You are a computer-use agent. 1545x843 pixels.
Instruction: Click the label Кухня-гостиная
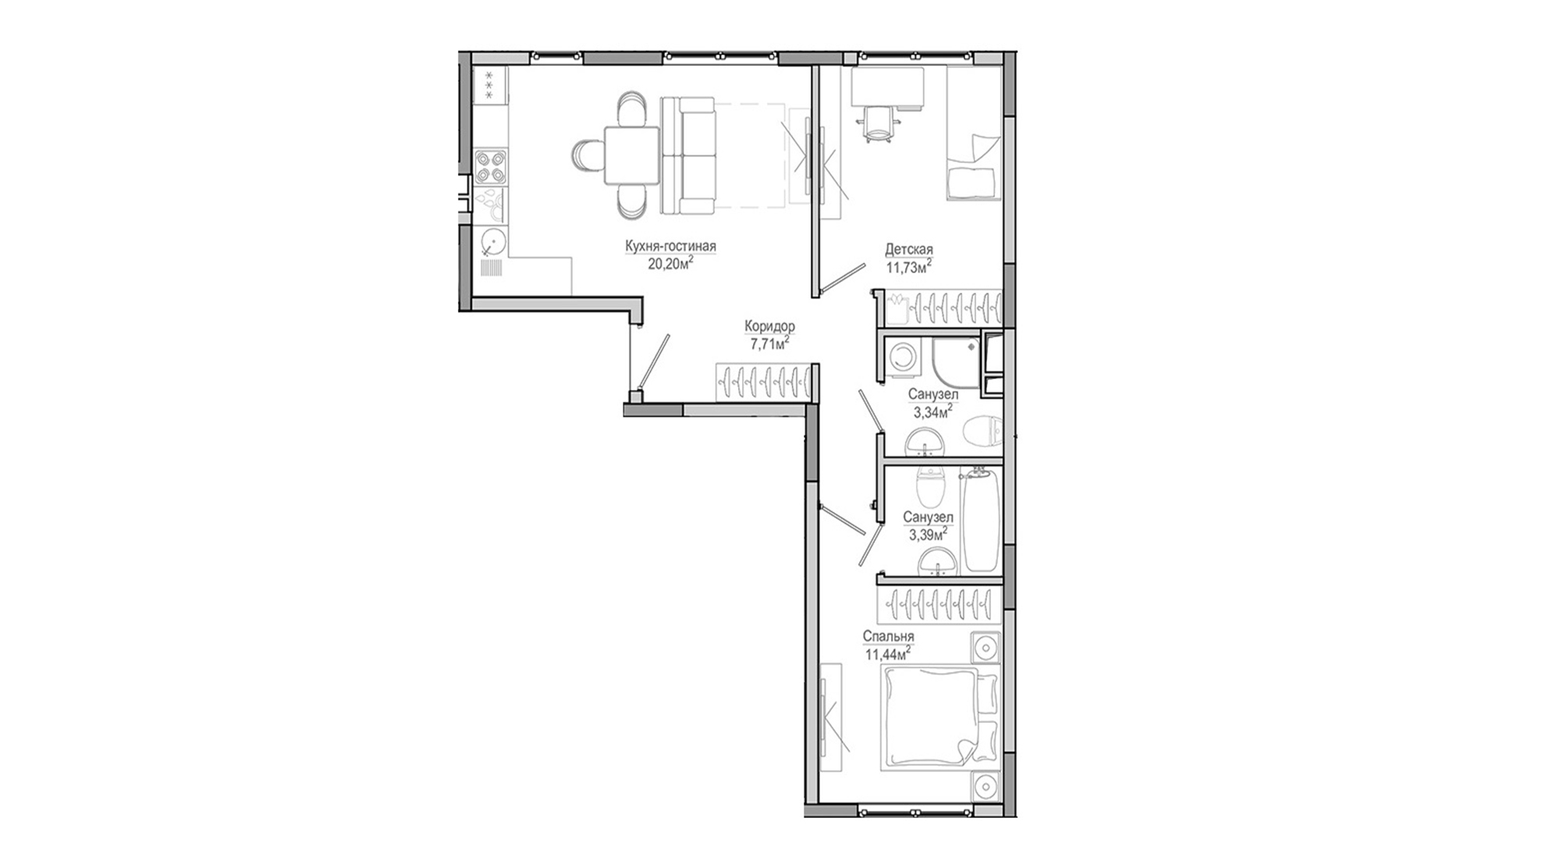coord(670,247)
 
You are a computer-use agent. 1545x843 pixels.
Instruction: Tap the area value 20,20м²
coord(670,263)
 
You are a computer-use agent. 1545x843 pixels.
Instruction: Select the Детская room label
coord(909,250)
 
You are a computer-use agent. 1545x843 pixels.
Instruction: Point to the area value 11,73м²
coord(909,267)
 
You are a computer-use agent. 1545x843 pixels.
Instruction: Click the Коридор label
coord(769,326)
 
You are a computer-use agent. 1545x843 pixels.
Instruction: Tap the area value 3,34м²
coord(932,411)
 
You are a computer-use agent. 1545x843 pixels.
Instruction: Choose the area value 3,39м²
coord(928,534)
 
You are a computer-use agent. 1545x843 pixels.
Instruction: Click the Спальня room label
coord(888,637)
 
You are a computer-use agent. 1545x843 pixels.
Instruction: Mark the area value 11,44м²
coord(888,653)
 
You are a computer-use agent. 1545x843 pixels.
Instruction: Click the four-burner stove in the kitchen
coord(490,166)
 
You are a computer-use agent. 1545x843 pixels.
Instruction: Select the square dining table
coord(631,156)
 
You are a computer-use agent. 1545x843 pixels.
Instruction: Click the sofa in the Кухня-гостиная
coord(687,155)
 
